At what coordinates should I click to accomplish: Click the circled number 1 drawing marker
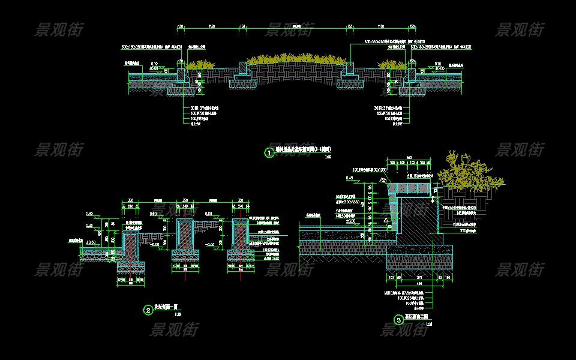point(269,153)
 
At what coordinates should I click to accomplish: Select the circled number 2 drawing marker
point(148,310)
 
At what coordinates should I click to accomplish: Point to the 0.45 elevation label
point(349,178)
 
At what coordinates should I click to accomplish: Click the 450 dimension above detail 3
point(409,158)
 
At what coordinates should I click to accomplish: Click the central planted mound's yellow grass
point(294,59)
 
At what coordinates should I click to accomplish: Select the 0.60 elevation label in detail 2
point(89,214)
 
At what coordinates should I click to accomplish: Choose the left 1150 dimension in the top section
point(211,26)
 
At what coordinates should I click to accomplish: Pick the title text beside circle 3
point(418,317)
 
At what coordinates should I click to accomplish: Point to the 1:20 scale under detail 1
point(328,158)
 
